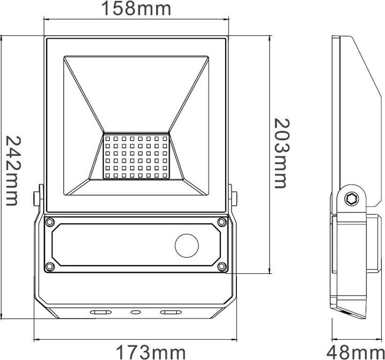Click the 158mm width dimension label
137,9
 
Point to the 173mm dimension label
151,353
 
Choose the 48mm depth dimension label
356,353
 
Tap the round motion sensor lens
187,246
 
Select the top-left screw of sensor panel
50,221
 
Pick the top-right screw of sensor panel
222,221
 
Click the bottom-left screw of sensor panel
50,266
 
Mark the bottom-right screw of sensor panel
222,266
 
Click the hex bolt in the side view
351,199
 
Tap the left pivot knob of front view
38,196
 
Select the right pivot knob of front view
233,196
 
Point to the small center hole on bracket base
135,311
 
